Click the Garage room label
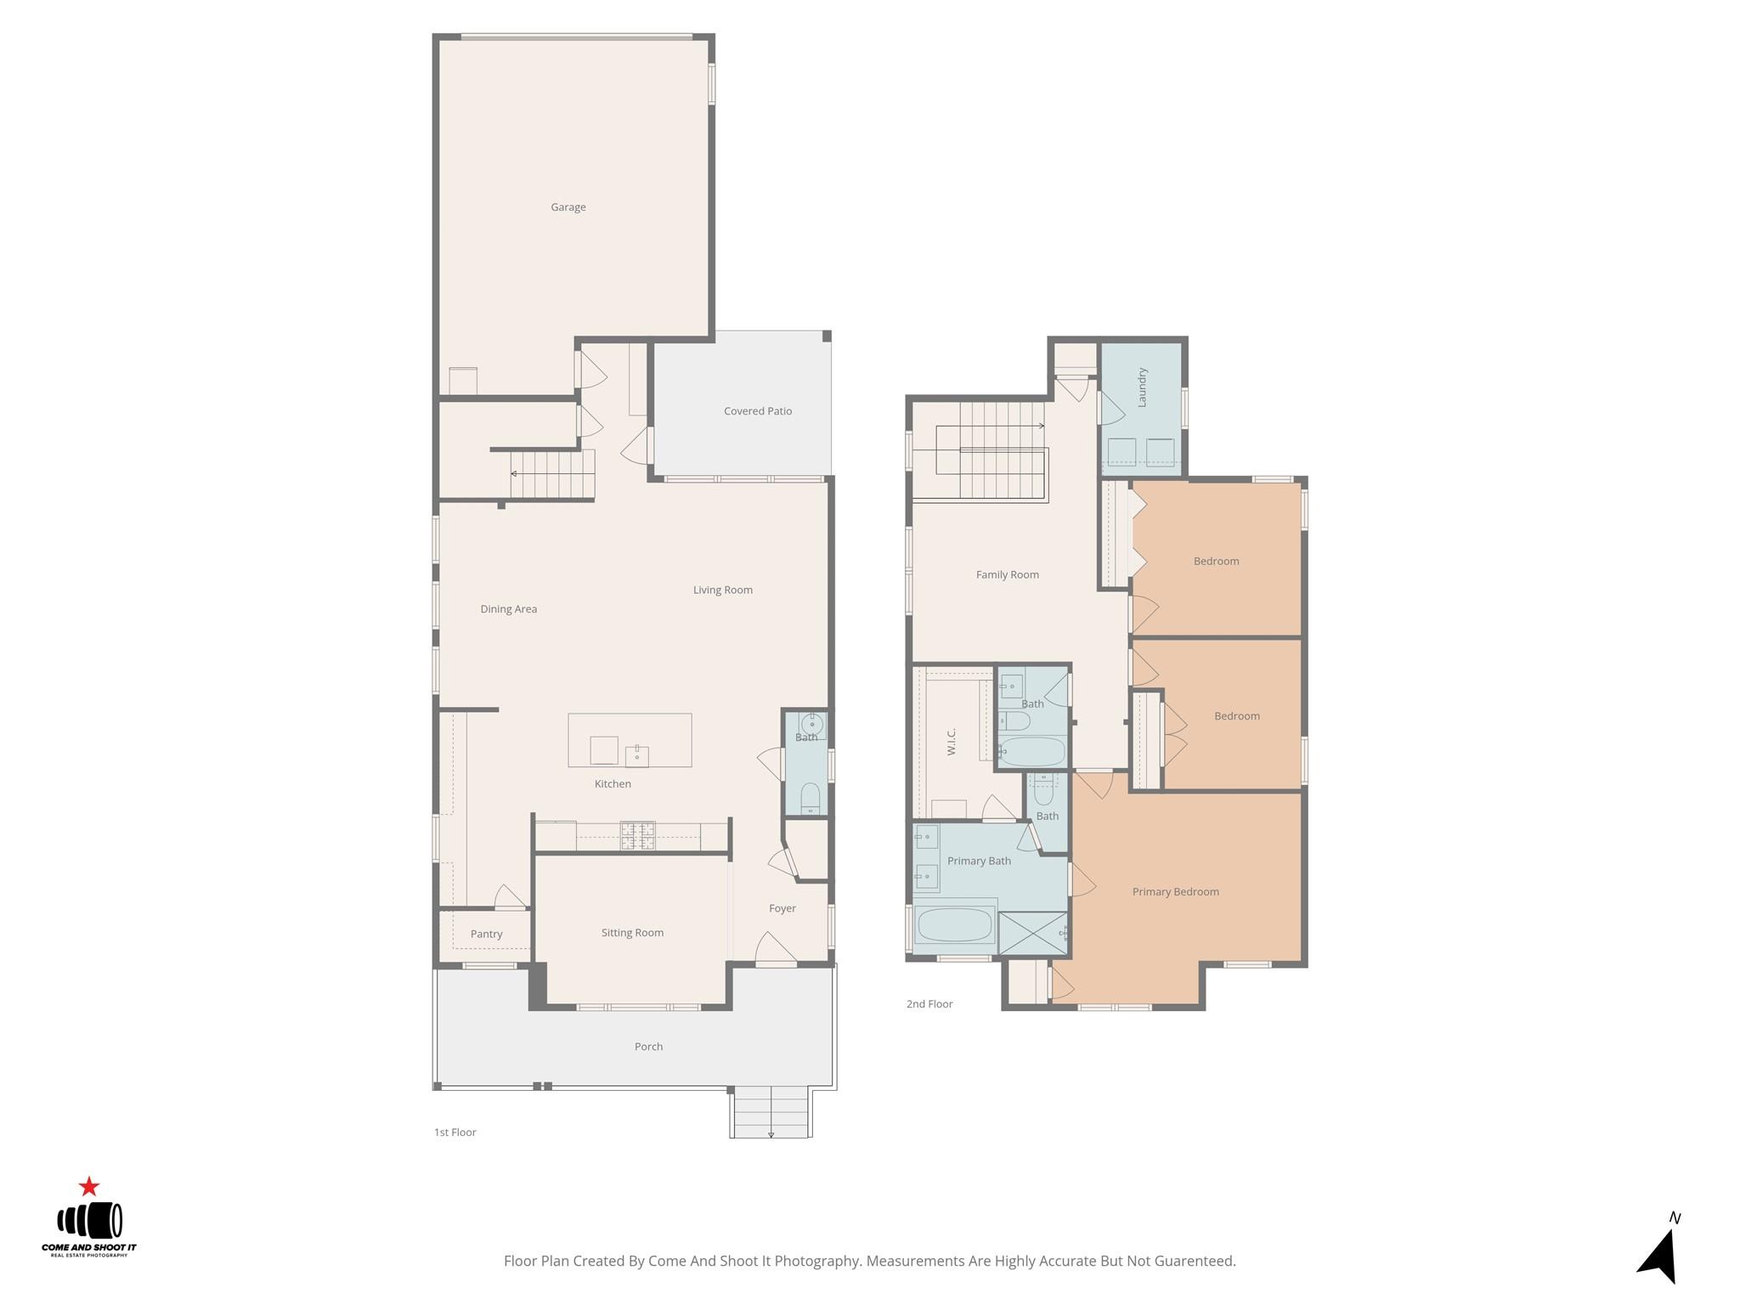pos(568,207)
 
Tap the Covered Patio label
pos(757,411)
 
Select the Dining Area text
pos(508,609)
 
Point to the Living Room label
pos(722,590)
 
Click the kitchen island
pos(630,740)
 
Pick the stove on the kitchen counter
pos(637,836)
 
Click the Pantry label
pos(486,935)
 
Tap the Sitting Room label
pos(632,933)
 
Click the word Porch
pos(648,1047)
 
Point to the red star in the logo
pos(89,1187)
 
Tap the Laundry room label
pos(1142,387)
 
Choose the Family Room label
pos(1007,575)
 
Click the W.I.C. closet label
pos(952,742)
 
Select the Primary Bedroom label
pos(1175,892)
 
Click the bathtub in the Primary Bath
pos(956,924)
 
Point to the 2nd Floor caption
pos(929,1004)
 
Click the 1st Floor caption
pos(455,1133)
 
